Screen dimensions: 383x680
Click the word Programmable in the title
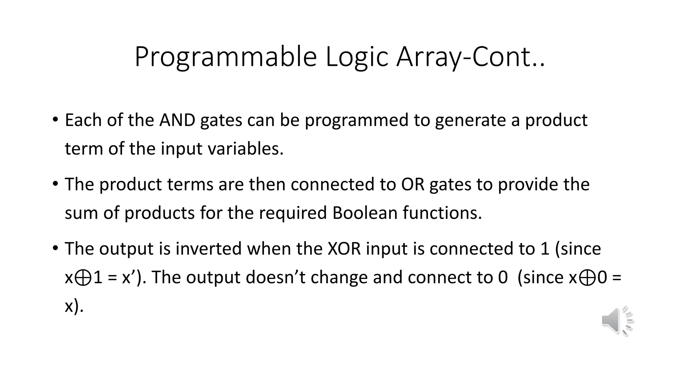pyautogui.click(x=225, y=57)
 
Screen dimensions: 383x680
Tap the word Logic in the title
pyautogui.click(x=357, y=57)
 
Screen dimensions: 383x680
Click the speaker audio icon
pyautogui.click(x=617, y=321)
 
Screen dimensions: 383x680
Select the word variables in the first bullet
pyautogui.click(x=245, y=149)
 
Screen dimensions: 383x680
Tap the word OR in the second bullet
pyautogui.click(x=413, y=184)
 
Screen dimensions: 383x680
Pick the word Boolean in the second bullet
pyautogui.click(x=365, y=213)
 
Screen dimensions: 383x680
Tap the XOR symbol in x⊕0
pyautogui.click(x=587, y=278)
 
